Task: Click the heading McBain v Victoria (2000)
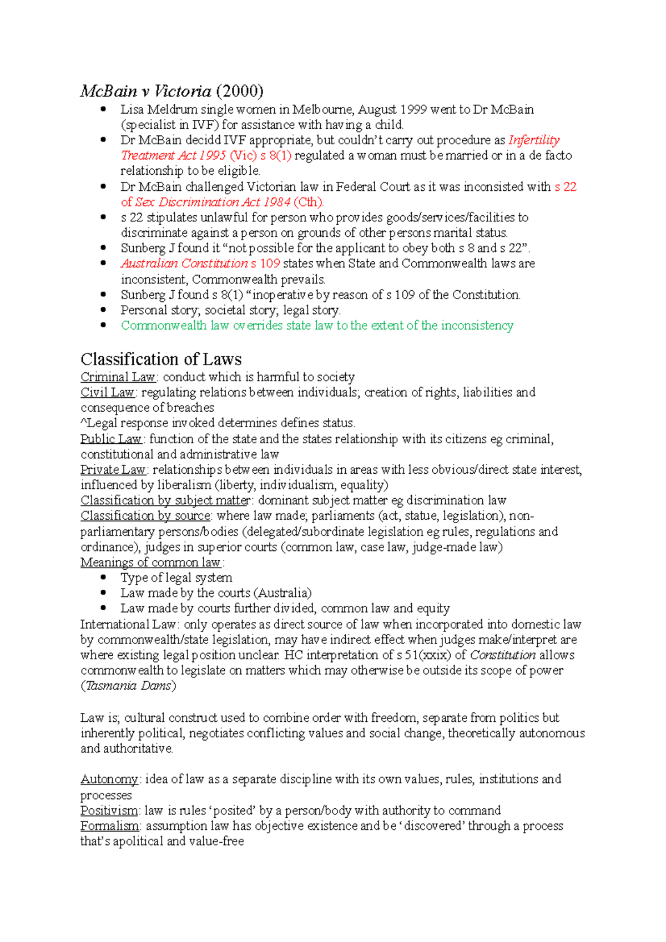(x=171, y=91)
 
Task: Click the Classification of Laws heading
(x=161, y=359)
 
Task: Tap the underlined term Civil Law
(x=108, y=393)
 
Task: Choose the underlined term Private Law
(x=113, y=470)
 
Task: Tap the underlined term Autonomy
(x=109, y=779)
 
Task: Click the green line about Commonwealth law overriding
(x=317, y=326)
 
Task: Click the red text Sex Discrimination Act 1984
(x=213, y=202)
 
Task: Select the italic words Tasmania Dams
(x=128, y=686)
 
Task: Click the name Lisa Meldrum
(x=159, y=110)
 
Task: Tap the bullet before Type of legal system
(x=103, y=578)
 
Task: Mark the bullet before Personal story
(x=103, y=310)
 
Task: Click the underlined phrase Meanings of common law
(x=150, y=563)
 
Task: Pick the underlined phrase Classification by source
(x=145, y=516)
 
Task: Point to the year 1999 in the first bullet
(x=413, y=110)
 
